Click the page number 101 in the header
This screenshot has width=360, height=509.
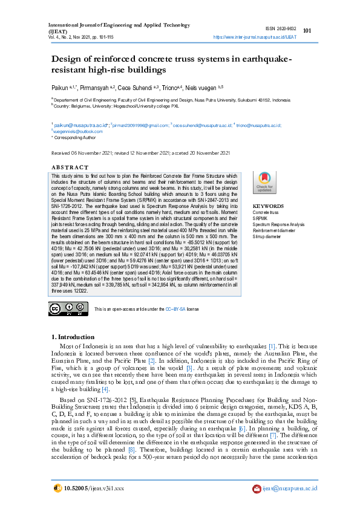coord(307,31)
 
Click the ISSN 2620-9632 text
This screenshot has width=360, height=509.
coord(281,28)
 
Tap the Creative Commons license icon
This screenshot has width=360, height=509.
coord(64,308)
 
